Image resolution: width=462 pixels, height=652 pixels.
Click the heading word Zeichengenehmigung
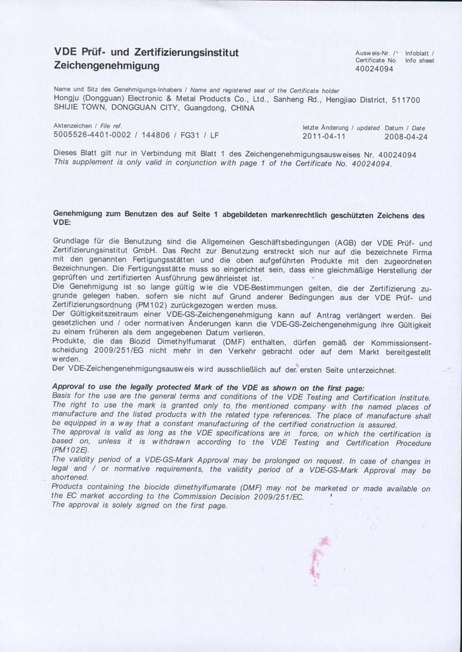pos(107,66)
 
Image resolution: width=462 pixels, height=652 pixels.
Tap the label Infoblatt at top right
pos(420,53)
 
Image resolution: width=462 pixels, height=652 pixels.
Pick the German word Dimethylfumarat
pos(188,342)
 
